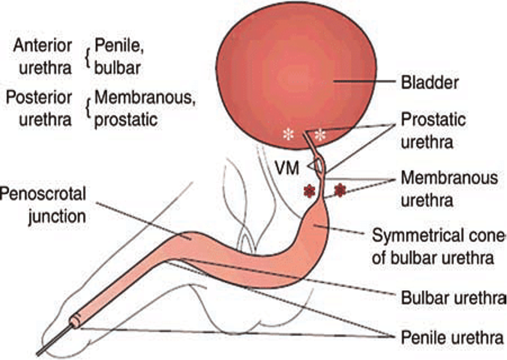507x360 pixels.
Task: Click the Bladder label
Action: point(430,82)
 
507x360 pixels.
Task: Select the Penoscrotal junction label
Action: point(44,205)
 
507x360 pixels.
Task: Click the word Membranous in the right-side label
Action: point(449,178)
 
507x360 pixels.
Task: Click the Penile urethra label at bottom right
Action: point(452,337)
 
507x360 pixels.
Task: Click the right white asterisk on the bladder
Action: point(319,135)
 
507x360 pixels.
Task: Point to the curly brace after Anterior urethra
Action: point(87,57)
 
